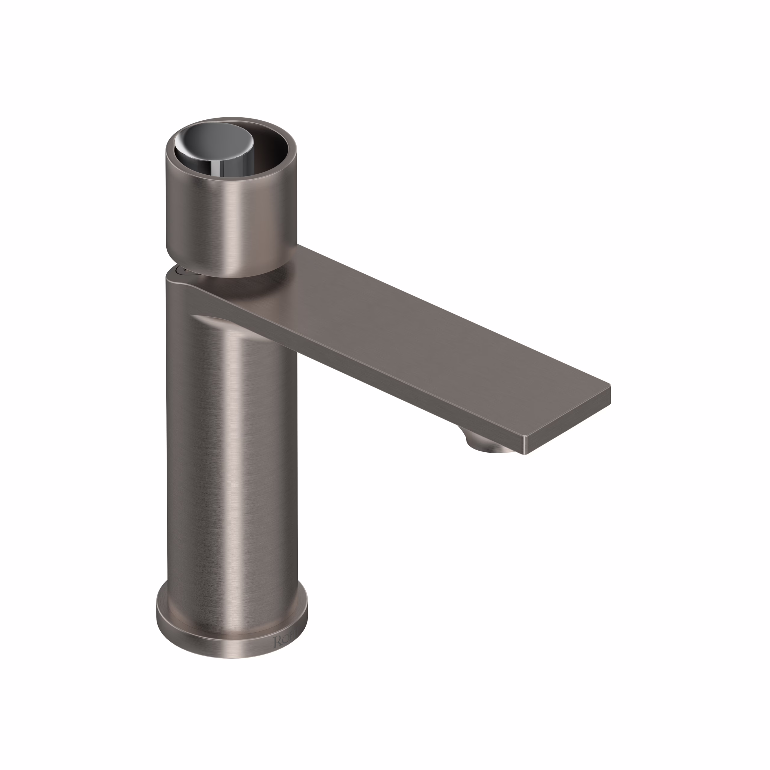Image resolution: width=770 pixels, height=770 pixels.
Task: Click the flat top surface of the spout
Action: (418, 331)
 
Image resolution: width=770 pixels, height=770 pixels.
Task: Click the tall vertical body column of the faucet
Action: (231, 458)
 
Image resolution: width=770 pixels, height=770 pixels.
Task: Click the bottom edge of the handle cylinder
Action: (231, 275)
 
